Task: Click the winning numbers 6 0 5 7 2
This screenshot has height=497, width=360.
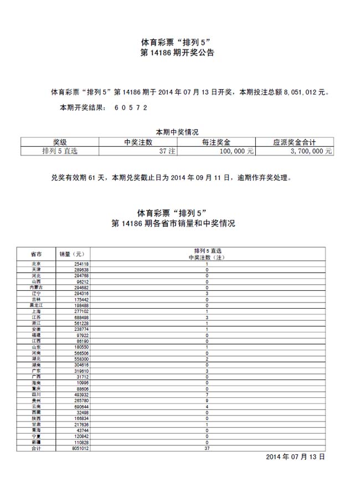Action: pos(131,107)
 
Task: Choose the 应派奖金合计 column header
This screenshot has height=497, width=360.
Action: pos(294,142)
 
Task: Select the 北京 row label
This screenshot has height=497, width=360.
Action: pos(36,264)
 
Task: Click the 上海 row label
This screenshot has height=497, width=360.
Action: pos(36,311)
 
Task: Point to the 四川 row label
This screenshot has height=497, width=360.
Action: pos(36,394)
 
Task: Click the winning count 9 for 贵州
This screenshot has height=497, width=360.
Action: pos(207,401)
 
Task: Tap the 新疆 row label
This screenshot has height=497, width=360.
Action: pos(36,442)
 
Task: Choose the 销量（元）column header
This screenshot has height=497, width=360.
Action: pos(73,254)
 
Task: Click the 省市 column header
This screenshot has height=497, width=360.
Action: pos(36,254)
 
